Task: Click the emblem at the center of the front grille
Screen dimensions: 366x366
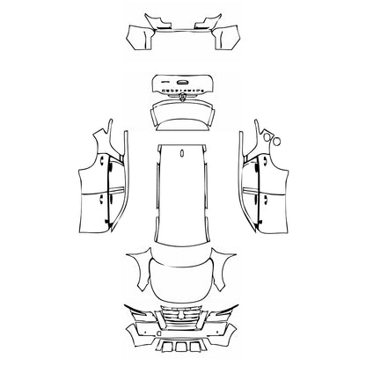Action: click(x=182, y=316)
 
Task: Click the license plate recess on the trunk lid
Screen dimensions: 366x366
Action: click(x=182, y=89)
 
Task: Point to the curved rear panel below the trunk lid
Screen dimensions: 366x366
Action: click(x=182, y=114)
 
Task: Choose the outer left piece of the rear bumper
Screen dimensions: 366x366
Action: click(x=137, y=38)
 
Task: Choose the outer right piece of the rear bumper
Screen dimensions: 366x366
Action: click(x=229, y=38)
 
